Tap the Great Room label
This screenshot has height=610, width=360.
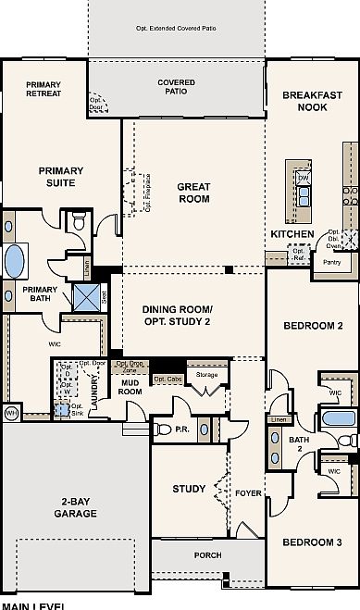click(x=192, y=193)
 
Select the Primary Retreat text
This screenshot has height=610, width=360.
click(x=43, y=90)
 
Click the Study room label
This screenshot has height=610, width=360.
click(x=189, y=489)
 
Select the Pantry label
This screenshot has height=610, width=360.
click(x=332, y=262)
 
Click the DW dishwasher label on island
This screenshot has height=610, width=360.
click(x=303, y=177)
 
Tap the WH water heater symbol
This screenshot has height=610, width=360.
click(x=12, y=412)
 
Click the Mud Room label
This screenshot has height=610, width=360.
click(x=130, y=388)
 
